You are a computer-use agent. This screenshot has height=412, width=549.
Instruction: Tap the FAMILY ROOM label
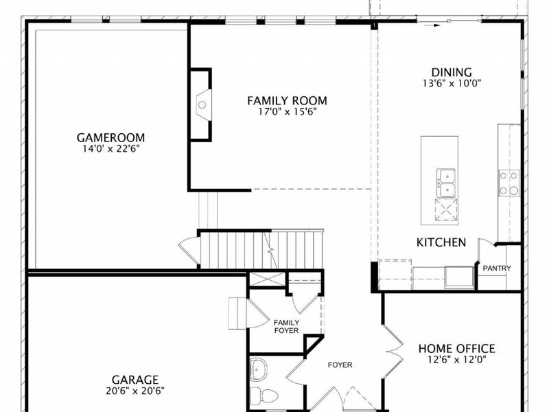(287, 100)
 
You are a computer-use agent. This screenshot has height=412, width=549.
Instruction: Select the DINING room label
(452, 72)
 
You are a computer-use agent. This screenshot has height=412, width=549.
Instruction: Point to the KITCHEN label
(441, 242)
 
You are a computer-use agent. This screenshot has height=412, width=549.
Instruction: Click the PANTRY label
(496, 268)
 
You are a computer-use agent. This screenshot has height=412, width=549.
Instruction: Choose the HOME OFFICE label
(456, 349)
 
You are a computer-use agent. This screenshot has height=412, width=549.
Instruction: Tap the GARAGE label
(135, 380)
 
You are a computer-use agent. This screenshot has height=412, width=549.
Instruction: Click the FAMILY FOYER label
(286, 326)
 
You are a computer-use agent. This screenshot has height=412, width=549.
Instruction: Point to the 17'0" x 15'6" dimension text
(287, 111)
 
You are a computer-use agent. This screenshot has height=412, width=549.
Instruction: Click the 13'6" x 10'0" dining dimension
(452, 83)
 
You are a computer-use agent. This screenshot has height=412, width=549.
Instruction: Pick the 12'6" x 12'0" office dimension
(456, 360)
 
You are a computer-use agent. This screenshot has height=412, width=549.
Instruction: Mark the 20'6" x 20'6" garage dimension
(135, 391)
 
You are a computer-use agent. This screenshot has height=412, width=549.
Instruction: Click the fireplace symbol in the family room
(202, 104)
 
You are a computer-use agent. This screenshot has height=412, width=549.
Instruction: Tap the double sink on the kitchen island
(445, 182)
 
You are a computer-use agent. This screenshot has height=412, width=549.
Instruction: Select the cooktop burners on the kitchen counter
(509, 183)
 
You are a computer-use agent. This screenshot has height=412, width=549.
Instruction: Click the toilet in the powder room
(264, 396)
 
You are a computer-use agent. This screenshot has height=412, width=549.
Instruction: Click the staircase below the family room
(261, 250)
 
